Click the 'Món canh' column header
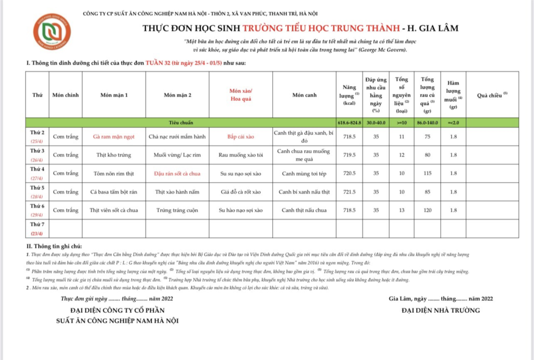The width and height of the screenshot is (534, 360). tap(305, 95)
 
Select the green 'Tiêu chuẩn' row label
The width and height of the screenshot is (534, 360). tap(180, 123)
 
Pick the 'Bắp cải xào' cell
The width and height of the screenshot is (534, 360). tap(241, 137)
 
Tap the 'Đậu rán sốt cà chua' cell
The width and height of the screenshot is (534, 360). tap(177, 173)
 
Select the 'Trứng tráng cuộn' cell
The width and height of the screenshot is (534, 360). tap(177, 210)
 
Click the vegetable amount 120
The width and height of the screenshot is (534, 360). tap(427, 210)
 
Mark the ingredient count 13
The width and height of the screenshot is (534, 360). tap(400, 210)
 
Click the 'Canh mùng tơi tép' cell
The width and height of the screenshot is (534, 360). tap(304, 173)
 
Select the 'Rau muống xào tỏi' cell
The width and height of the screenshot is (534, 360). tap(241, 155)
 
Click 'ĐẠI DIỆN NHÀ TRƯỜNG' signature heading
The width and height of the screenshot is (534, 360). tap(441, 311)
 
